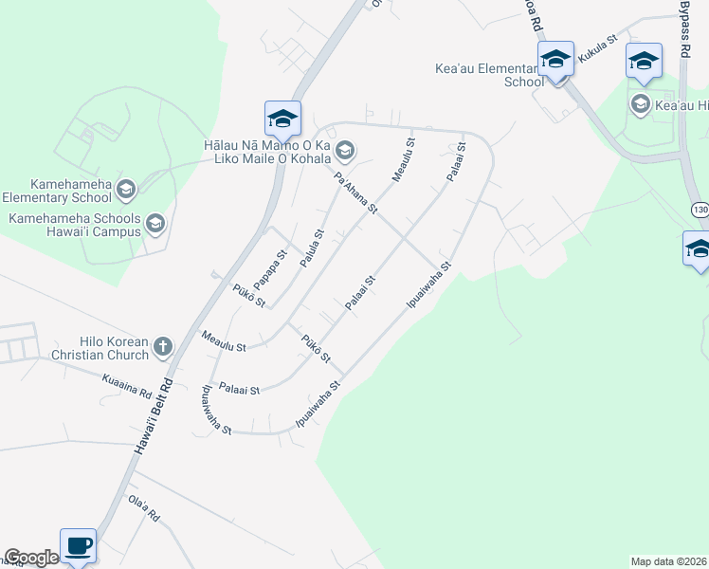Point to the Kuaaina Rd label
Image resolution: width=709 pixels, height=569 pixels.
pyautogui.click(x=127, y=385)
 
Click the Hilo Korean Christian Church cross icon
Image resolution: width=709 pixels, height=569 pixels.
pyautogui.click(x=162, y=347)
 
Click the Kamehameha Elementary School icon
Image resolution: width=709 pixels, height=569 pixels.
pyautogui.click(x=125, y=191)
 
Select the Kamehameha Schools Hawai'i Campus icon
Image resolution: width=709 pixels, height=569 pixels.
pyautogui.click(x=155, y=225)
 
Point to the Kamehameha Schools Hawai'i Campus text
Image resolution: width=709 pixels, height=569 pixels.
pyautogui.click(x=75, y=225)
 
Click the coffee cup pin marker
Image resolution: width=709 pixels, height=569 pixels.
pyautogui.click(x=79, y=546)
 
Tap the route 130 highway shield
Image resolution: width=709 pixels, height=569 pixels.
pyautogui.click(x=699, y=211)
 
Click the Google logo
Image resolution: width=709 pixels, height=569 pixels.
pyautogui.click(x=31, y=559)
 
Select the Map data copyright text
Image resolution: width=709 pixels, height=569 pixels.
pyautogui.click(x=669, y=561)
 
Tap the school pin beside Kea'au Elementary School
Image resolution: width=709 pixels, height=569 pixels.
pyautogui.click(x=555, y=60)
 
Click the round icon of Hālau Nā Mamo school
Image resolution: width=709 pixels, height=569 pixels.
pyautogui.click(x=345, y=147)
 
